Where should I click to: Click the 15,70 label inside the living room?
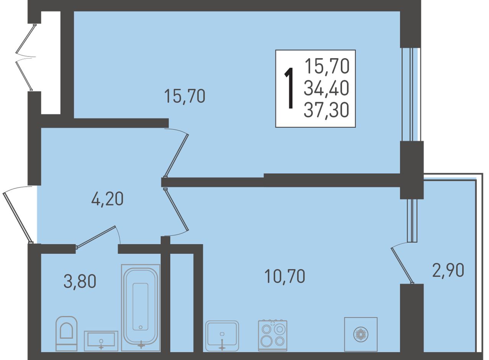click(x=185, y=96)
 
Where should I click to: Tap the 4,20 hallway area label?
click(x=107, y=199)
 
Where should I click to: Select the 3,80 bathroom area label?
click(x=80, y=282)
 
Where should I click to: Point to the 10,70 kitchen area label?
click(x=285, y=276)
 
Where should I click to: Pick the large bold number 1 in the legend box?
click(x=289, y=88)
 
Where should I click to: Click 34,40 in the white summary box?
click(x=327, y=89)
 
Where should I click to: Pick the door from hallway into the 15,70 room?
click(x=176, y=153)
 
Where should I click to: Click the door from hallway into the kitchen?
click(x=176, y=212)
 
